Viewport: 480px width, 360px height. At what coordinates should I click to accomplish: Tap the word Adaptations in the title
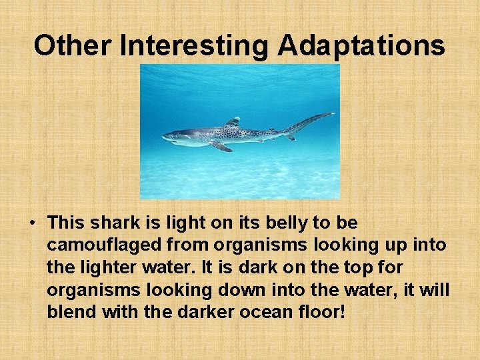361,46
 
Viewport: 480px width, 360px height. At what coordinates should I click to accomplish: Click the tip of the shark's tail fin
332,114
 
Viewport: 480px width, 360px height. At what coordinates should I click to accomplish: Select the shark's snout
164,137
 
